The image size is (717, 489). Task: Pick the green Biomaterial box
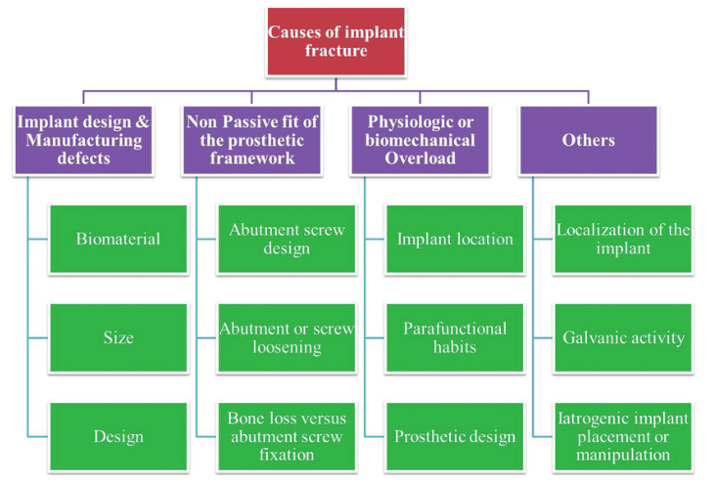[118, 239]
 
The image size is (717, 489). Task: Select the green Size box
[118, 337]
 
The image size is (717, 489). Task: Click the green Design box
[118, 436]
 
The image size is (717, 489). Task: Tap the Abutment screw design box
[285, 239]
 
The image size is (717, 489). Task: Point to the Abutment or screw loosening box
[285, 337]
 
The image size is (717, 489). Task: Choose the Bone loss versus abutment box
[285, 436]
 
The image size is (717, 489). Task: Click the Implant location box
[455, 239]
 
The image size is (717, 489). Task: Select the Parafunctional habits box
[455, 337]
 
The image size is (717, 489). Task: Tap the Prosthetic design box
[455, 436]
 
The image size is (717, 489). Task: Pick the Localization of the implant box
[623, 239]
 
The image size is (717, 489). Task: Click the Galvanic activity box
[623, 337]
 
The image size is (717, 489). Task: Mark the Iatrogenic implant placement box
[623, 436]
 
